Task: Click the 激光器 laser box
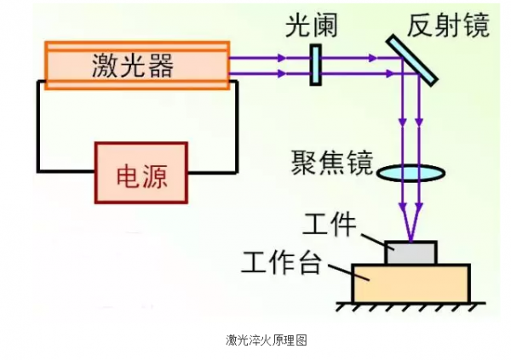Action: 136,65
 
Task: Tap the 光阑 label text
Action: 312,26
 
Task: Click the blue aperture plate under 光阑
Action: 315,65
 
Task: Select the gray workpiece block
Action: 411,252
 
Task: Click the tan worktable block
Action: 411,283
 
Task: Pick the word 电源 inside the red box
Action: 141,175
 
